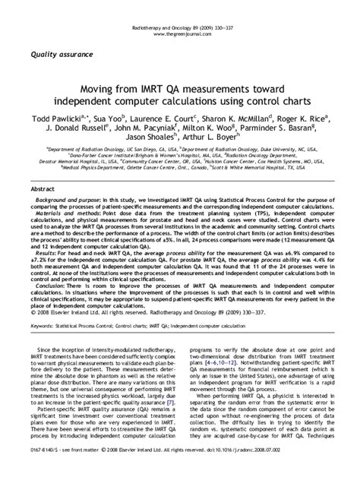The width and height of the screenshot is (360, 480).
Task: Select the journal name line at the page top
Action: point(179,7)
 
